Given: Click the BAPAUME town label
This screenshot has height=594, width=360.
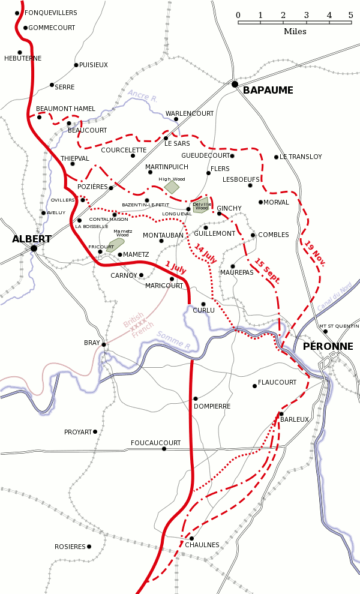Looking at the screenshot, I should pos(268,90).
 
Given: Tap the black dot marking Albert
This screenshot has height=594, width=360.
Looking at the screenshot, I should pos(34,248).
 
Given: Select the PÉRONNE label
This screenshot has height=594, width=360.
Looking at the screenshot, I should pos(328,346).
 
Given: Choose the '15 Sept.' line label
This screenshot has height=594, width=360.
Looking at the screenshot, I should pos(267,270).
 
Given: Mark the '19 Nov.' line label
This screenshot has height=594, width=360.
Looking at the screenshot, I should pos(315,254).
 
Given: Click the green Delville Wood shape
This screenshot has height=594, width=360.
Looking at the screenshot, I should pos(200,205).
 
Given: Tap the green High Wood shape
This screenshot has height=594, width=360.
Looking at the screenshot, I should pos(172,187).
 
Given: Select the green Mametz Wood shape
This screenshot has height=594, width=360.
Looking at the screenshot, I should pos(116,244).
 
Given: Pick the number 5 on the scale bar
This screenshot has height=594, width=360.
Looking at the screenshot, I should pos(351,15).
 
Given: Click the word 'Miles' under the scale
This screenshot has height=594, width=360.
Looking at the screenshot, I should pos(295,31).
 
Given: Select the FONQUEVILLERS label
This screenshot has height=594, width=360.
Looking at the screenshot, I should pos(51,12).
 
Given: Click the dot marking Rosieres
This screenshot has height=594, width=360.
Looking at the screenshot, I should pos(89,547).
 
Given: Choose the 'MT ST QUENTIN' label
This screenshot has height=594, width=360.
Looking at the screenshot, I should pos(339,326).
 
